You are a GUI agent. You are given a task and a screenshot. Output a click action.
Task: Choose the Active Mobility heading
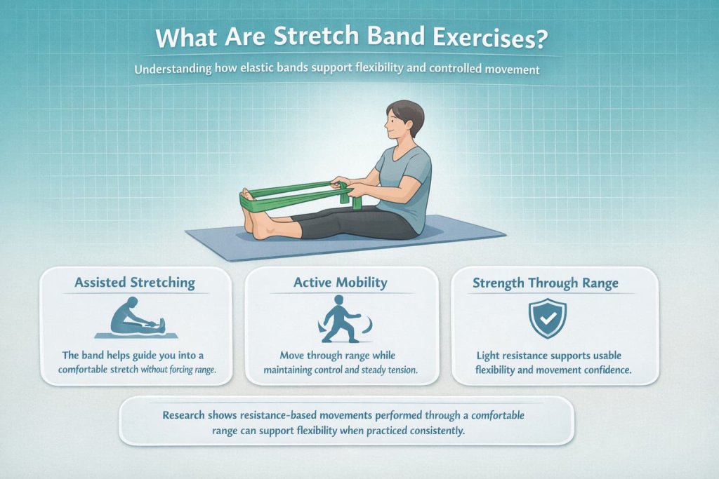(341, 283)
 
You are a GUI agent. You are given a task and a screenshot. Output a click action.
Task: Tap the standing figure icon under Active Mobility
(341, 320)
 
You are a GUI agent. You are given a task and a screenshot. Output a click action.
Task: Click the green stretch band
(295, 193)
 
